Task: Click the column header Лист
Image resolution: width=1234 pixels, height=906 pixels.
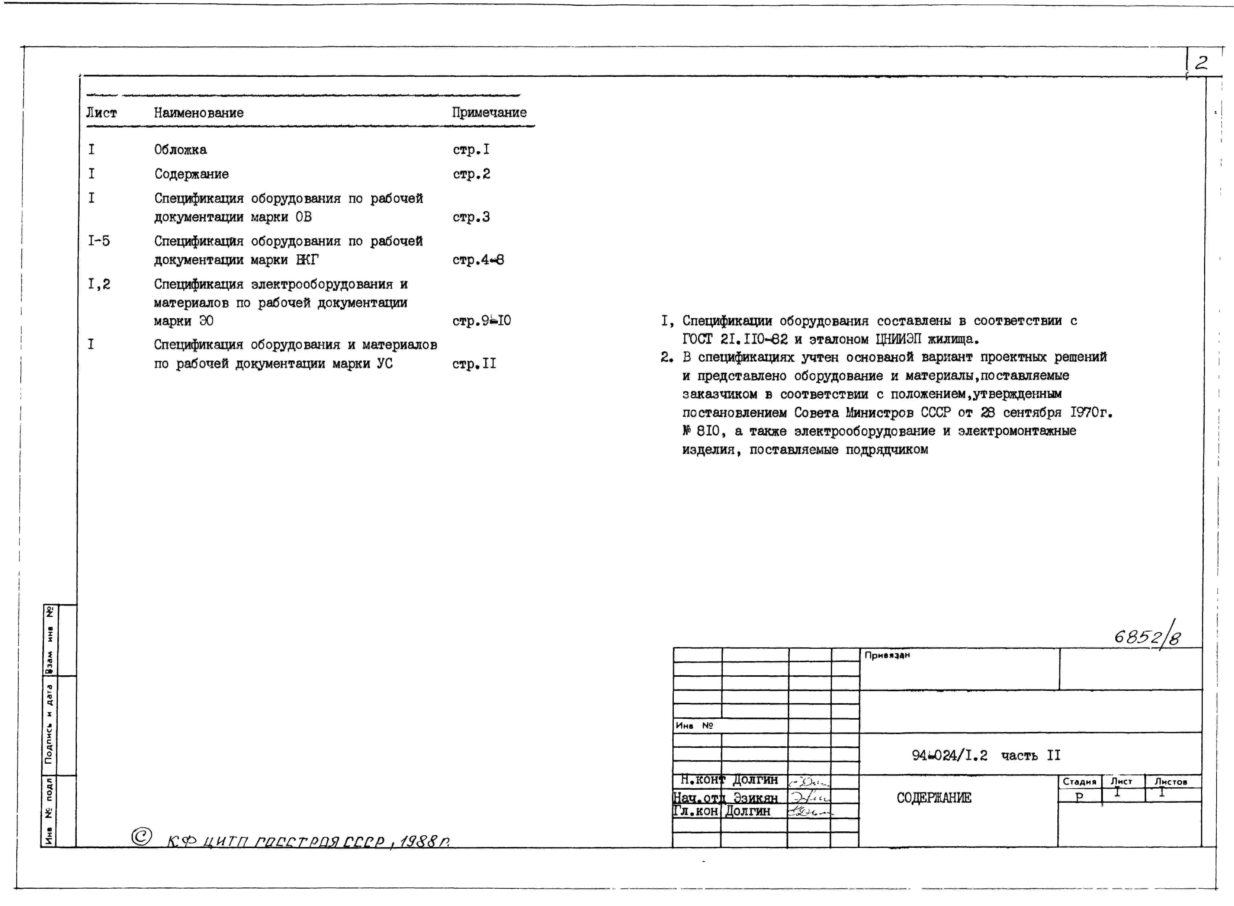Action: (x=101, y=113)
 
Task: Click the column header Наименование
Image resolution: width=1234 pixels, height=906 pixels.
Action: (x=199, y=113)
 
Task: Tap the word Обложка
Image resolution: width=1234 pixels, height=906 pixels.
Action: (x=180, y=150)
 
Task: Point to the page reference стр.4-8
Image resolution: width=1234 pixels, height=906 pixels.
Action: (x=478, y=260)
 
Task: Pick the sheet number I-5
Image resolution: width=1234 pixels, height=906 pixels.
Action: (x=99, y=241)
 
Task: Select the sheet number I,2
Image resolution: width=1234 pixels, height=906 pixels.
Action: (x=99, y=284)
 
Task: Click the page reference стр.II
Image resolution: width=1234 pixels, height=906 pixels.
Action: (x=474, y=364)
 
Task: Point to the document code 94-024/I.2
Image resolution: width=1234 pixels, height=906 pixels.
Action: (x=949, y=756)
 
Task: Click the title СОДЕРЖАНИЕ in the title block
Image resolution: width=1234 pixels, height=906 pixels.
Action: (x=933, y=798)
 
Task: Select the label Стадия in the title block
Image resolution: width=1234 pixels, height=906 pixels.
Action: (x=1079, y=781)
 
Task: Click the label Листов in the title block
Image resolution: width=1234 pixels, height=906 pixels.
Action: (x=1170, y=781)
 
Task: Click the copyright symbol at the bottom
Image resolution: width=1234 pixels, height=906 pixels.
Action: (x=142, y=836)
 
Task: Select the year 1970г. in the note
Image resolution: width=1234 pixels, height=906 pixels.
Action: (x=1090, y=412)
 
